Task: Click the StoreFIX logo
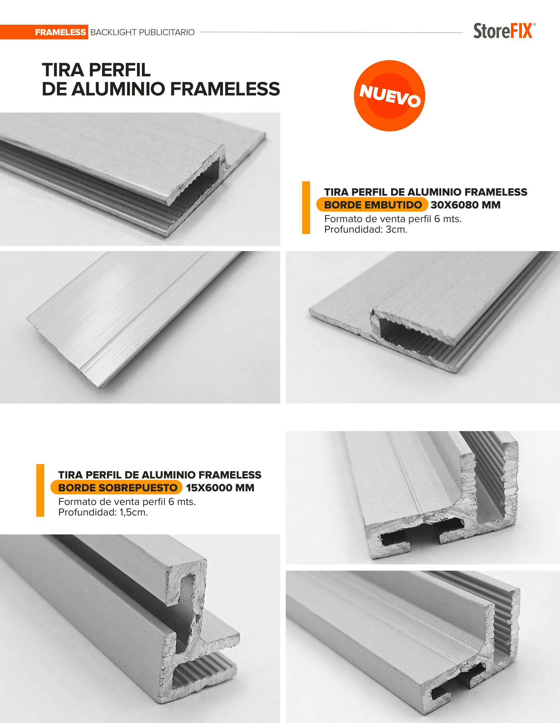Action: tap(504, 31)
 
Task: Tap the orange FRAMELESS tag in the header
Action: tap(44, 32)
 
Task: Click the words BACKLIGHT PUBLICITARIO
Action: tap(143, 33)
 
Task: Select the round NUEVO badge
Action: tap(389, 96)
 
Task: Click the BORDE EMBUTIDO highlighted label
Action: tap(372, 205)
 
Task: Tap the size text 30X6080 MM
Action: tap(466, 205)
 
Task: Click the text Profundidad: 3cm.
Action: tap(366, 229)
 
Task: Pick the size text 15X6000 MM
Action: tap(220, 488)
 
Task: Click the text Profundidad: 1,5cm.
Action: tap(103, 512)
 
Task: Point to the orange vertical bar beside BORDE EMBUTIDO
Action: tap(306, 208)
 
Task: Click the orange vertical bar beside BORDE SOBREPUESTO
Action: tap(40, 490)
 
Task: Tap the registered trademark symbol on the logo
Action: tap(534, 24)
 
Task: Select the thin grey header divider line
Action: tap(331, 33)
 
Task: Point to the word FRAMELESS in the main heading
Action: tap(225, 89)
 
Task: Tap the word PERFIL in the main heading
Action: tap(120, 70)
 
